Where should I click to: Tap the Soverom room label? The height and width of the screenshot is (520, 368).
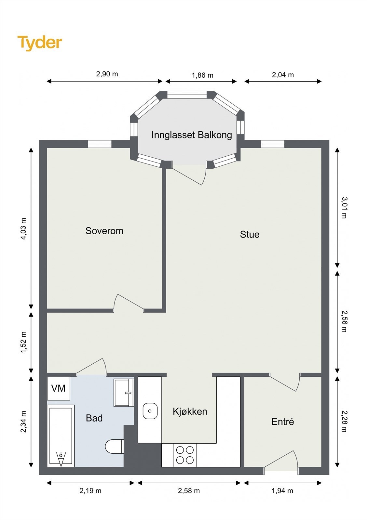point(104,231)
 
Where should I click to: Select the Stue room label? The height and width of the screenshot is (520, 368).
point(250,234)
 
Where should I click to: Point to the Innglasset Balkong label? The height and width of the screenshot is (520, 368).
point(192,135)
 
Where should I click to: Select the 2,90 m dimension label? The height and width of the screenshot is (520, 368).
point(107,74)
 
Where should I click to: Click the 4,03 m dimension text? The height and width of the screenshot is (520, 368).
point(24,228)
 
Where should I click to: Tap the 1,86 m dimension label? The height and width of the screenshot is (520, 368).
point(202,75)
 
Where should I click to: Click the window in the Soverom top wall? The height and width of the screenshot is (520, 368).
point(100,144)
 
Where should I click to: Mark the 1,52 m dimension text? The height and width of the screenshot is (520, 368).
point(24,342)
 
